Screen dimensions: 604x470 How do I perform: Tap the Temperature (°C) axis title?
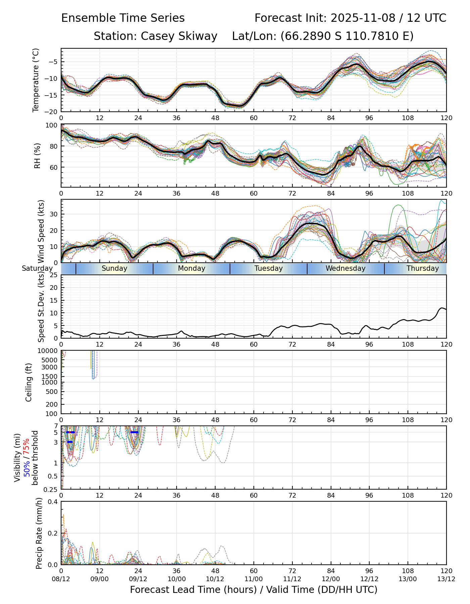click(36, 80)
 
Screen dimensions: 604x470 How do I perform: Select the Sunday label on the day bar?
click(114, 268)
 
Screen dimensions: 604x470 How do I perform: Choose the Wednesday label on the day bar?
click(345, 268)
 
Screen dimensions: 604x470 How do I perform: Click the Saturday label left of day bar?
click(37, 268)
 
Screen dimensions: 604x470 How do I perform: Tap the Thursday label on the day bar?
click(423, 268)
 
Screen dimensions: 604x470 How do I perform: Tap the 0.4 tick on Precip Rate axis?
click(53, 502)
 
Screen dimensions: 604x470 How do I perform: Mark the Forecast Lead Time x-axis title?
click(253, 590)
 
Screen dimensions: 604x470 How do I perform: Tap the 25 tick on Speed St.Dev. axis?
click(54, 275)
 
